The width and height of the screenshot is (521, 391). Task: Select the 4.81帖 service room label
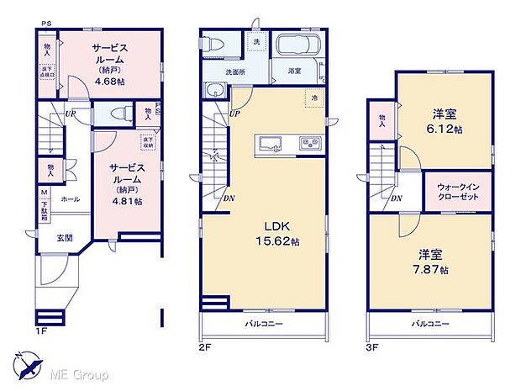click(x=125, y=184)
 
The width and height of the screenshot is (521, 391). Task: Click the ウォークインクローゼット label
click(x=457, y=190)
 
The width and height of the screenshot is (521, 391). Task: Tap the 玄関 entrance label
click(x=64, y=238)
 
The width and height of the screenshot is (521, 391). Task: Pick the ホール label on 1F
click(x=71, y=200)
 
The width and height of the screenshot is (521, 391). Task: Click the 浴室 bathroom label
click(x=294, y=71)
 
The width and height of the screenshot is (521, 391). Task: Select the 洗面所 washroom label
click(x=236, y=71)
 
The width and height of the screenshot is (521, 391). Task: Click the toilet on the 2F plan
click(x=217, y=44)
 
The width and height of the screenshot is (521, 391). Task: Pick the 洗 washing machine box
click(x=255, y=41)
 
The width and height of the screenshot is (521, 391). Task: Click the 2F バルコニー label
click(x=263, y=324)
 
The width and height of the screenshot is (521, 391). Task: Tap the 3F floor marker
click(x=372, y=345)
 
